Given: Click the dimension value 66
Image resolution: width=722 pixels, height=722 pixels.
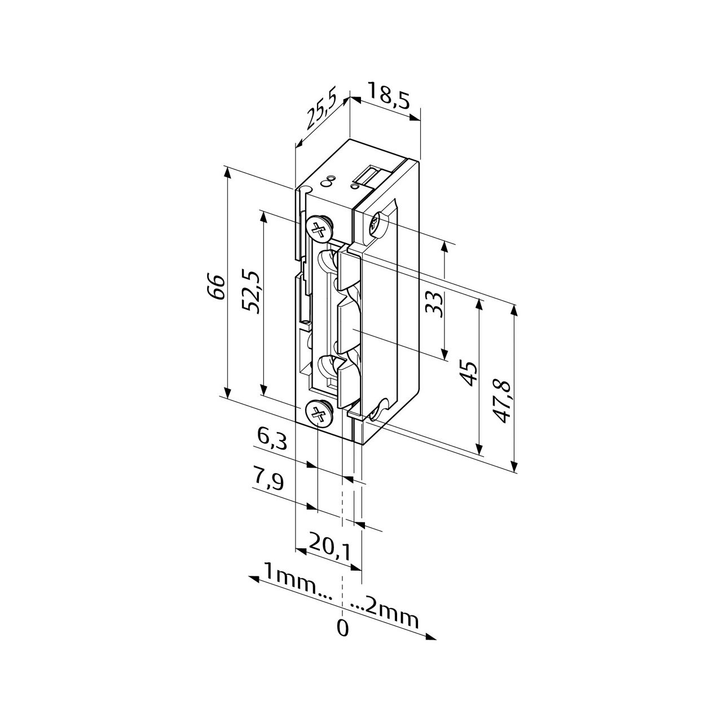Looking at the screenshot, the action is click(216, 287).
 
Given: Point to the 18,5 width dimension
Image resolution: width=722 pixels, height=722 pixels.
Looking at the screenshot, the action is click(388, 98).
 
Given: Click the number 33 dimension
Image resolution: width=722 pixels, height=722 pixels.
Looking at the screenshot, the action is click(434, 305).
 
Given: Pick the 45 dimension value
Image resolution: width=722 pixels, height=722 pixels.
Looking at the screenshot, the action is click(469, 373).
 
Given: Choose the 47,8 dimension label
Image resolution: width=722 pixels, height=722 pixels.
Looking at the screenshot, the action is click(502, 402).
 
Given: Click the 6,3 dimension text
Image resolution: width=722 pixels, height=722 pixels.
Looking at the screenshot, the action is click(272, 439).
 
